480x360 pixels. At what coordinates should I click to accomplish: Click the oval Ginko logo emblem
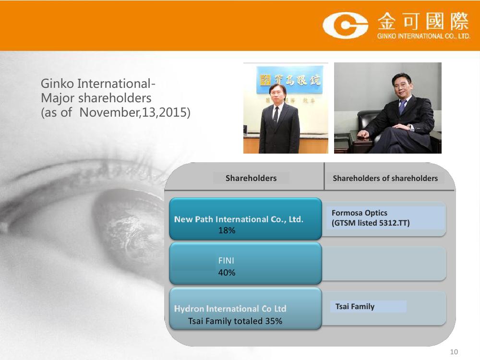point(345,25)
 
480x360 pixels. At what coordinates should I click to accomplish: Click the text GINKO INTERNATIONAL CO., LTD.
point(424,36)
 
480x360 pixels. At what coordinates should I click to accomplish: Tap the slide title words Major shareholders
point(96,98)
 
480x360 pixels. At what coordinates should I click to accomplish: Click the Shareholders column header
point(251,178)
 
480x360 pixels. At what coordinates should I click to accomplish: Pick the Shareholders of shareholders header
point(385,178)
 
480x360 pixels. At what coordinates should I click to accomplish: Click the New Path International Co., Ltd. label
point(239,219)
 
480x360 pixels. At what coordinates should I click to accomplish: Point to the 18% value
point(227,230)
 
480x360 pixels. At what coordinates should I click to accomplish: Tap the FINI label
point(226,261)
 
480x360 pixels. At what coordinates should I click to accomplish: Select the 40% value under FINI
point(227,273)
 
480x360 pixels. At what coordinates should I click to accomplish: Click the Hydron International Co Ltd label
point(230,309)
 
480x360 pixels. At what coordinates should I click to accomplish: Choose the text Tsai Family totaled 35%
point(235,321)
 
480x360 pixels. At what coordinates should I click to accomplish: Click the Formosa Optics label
point(360,213)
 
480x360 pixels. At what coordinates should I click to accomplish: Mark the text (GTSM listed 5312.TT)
point(371,223)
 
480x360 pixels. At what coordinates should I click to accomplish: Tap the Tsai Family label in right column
point(355,306)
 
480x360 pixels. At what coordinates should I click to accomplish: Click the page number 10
point(454,352)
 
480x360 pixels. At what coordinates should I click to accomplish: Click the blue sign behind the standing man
point(289,80)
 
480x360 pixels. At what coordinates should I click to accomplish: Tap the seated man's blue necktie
point(401,107)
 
